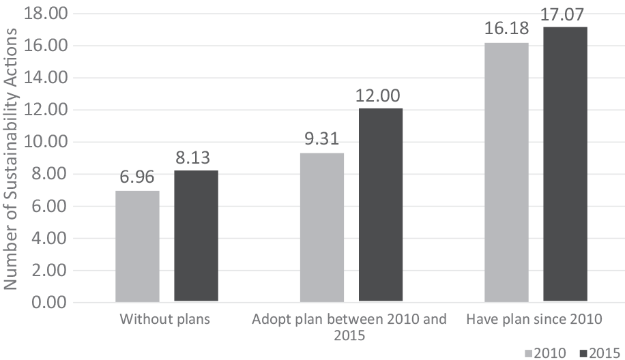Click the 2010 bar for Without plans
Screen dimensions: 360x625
point(137,246)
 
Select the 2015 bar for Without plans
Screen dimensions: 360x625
point(196,236)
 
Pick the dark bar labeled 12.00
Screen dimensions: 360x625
point(381,205)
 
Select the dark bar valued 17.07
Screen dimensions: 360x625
point(565,164)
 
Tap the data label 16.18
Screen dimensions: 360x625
point(506,31)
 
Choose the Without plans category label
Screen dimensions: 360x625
point(166,319)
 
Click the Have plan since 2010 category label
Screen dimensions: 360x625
point(535,319)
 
